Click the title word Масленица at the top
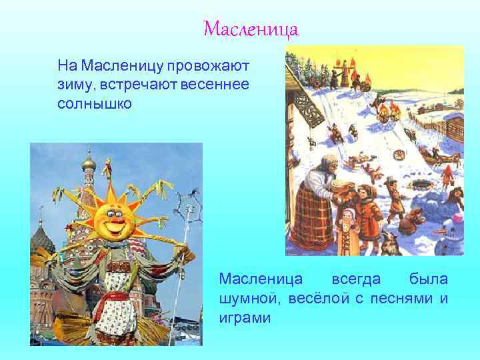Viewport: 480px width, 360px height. (251, 29)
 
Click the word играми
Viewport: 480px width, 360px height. (245, 317)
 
